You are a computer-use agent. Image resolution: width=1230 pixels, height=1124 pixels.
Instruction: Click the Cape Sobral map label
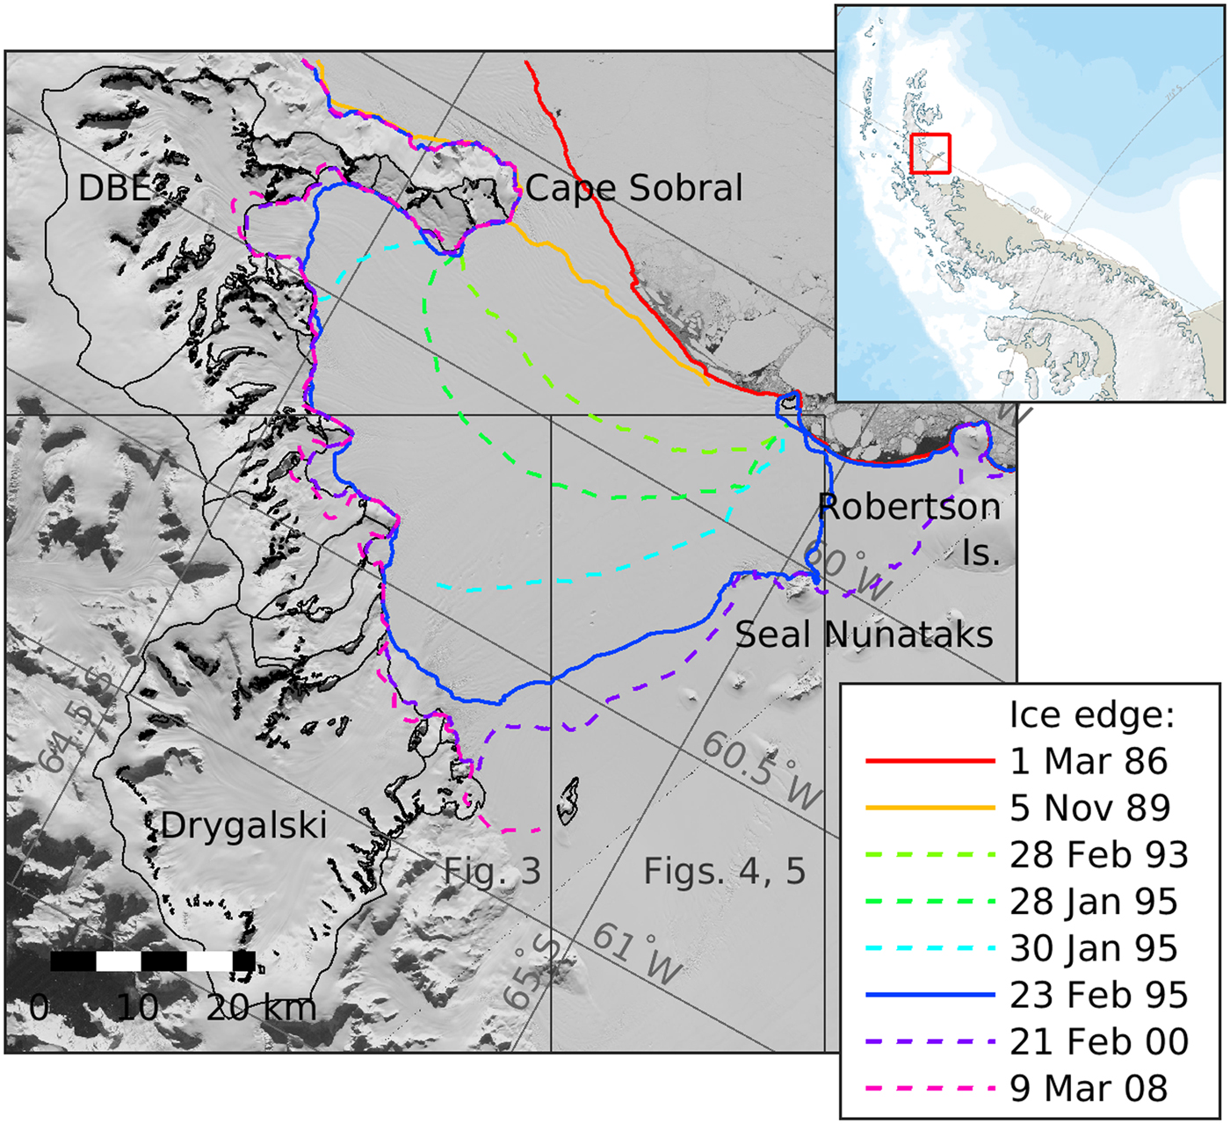point(633,188)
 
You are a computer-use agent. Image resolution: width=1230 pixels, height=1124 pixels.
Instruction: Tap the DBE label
point(114,187)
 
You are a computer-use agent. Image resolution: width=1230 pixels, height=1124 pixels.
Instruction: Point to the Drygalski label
point(243,825)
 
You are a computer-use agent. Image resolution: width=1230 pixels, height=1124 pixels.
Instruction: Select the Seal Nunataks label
point(864,634)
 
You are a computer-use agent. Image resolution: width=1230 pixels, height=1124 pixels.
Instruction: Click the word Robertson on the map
point(908,507)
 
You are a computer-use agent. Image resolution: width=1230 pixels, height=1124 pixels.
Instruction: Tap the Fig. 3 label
point(492,871)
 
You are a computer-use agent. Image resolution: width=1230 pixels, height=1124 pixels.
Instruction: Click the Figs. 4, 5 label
point(724,871)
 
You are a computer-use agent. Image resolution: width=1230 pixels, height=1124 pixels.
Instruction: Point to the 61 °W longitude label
point(637,954)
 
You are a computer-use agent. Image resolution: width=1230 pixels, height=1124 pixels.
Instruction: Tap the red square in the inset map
point(930,153)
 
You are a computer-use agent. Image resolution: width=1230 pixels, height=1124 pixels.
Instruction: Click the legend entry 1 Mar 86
point(1089,761)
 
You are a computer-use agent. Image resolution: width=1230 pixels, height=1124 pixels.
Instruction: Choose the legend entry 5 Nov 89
point(1089,808)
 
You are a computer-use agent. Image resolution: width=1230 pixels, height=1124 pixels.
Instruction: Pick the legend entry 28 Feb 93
point(1098,854)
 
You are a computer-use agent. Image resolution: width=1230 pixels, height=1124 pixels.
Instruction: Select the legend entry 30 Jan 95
point(1093,948)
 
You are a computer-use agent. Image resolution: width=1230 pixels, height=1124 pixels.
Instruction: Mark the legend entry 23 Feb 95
point(1098,995)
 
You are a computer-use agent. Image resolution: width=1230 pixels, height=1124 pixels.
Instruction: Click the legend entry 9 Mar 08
point(1089,1088)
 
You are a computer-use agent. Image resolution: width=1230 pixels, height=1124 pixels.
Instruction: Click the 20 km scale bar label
point(261,1007)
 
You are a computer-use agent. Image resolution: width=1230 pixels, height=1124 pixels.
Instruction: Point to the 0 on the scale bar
point(39,1007)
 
